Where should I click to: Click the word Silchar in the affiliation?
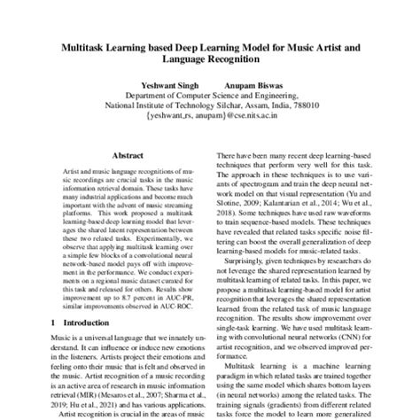[x=196, y=103]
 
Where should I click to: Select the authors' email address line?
[x=208, y=115]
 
